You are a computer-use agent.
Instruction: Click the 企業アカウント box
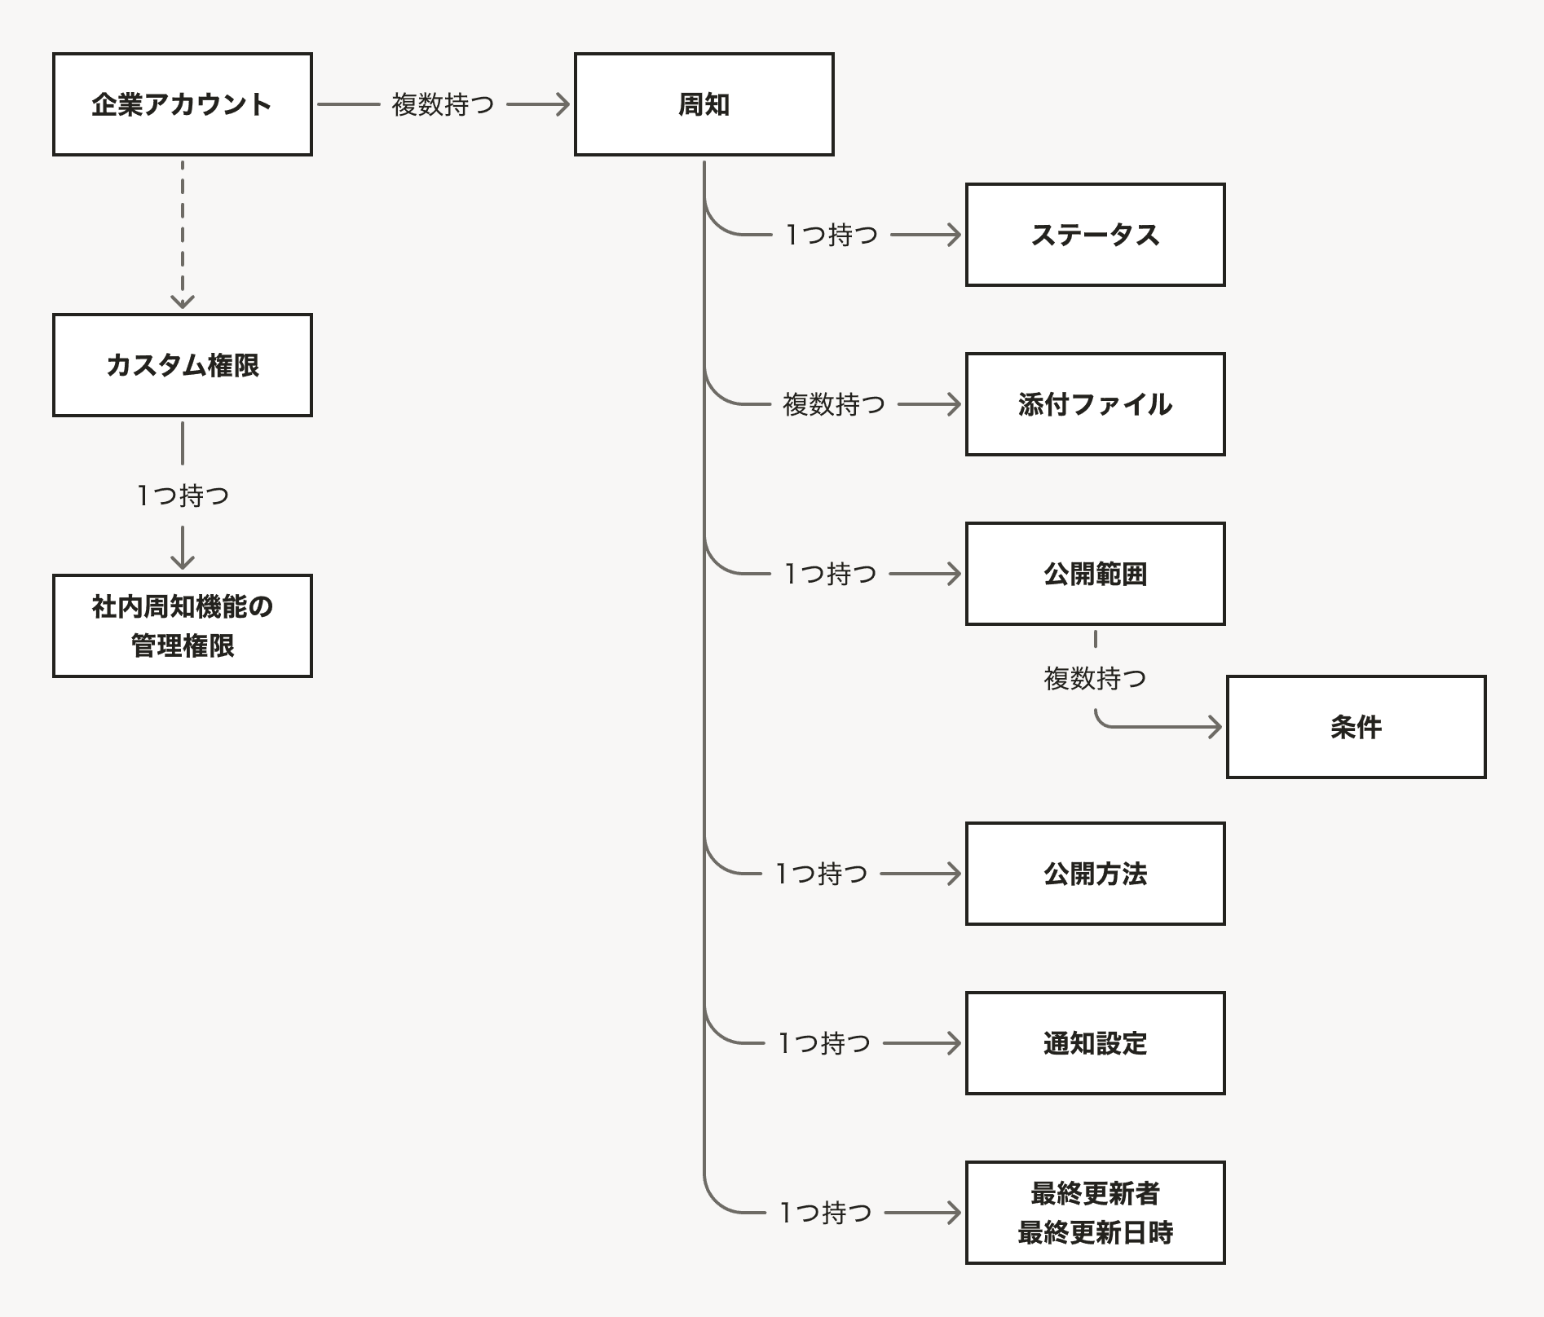pos(182,104)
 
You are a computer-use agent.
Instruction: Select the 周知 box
pos(704,104)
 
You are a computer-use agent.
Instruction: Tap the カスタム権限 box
pos(182,365)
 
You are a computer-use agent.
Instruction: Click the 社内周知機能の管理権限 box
pos(182,626)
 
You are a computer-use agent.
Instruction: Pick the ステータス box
pos(1095,235)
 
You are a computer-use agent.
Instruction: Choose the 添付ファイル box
pos(1095,404)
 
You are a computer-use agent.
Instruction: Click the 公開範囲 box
pos(1095,574)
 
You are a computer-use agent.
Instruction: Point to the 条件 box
pos(1356,727)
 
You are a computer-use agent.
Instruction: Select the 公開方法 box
pos(1095,874)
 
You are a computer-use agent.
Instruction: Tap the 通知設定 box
pos(1095,1043)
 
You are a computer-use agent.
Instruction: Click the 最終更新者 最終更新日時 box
pos(1095,1213)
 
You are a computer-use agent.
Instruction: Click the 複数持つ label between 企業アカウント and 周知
pos(443,104)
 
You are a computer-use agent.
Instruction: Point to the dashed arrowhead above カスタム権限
pos(183,302)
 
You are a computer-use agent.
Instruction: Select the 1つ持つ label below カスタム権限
pos(183,496)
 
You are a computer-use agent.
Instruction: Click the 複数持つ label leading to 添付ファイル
pos(833,404)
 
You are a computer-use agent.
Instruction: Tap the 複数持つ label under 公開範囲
pos(1095,678)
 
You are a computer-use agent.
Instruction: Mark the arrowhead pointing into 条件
pos(1215,727)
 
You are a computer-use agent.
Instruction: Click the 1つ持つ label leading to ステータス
pos(832,235)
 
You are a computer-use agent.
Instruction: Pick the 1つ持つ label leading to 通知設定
pos(824,1043)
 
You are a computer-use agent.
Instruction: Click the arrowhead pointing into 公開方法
pos(954,874)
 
